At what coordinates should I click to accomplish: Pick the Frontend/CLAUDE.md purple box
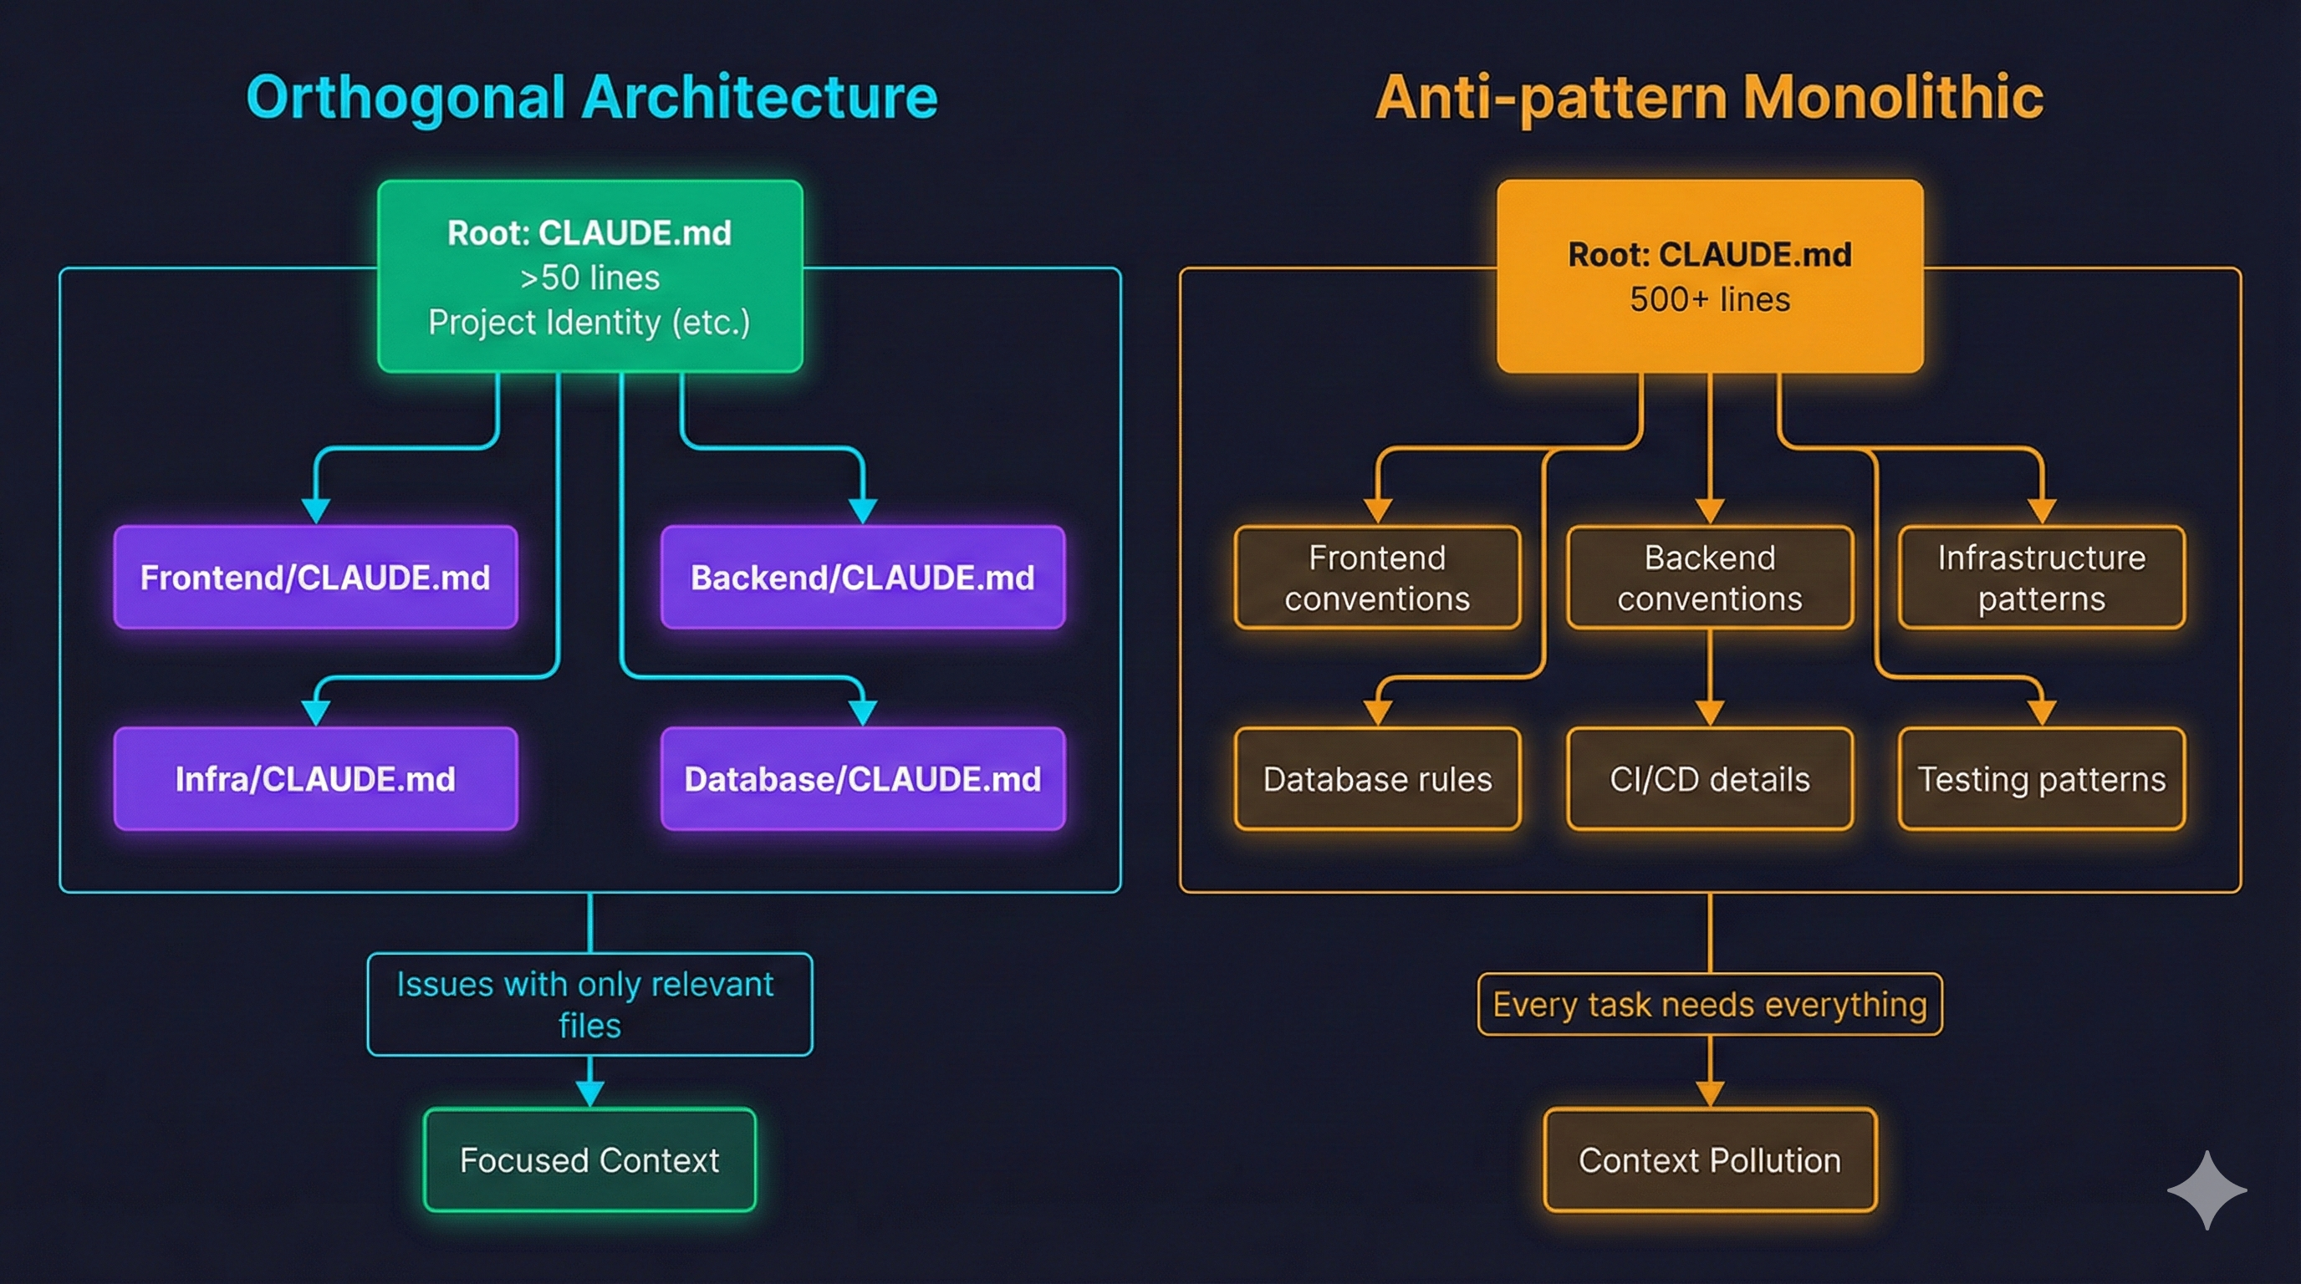(315, 578)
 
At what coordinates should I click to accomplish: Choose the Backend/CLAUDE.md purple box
(862, 578)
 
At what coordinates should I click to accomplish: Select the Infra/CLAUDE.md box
(315, 779)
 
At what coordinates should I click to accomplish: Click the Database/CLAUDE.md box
(862, 779)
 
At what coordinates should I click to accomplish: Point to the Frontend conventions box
(1377, 578)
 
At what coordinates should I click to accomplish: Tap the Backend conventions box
(1710, 578)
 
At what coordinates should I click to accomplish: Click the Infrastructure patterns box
(2041, 578)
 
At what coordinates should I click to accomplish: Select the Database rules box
(1377, 779)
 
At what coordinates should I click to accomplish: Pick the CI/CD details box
(1710, 779)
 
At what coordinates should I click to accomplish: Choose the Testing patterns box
(2041, 779)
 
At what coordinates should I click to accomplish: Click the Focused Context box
(589, 1160)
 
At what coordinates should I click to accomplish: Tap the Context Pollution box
(1710, 1160)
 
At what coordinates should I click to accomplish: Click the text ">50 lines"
(589, 278)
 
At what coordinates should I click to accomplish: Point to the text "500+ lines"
(1710, 299)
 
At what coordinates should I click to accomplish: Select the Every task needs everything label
(1710, 1005)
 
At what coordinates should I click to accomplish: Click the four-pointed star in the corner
(2207, 1190)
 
